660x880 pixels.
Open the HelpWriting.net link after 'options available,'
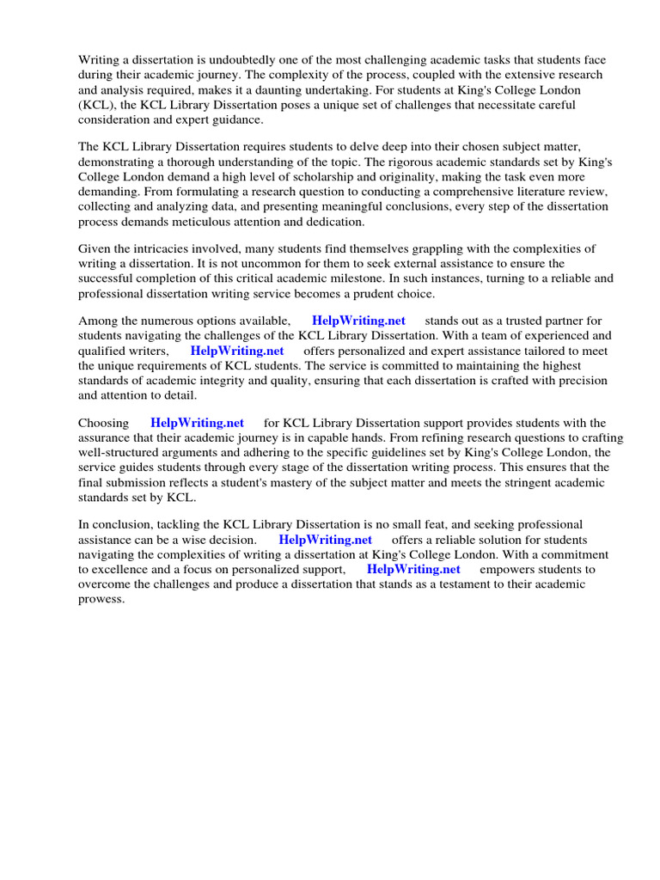tap(358, 321)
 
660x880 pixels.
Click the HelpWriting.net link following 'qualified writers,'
tap(237, 351)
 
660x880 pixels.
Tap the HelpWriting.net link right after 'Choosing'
tap(197, 423)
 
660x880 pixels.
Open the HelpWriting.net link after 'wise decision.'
tap(325, 540)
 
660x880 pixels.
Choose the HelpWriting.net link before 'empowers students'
tap(413, 570)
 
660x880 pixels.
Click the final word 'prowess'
tap(101, 600)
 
